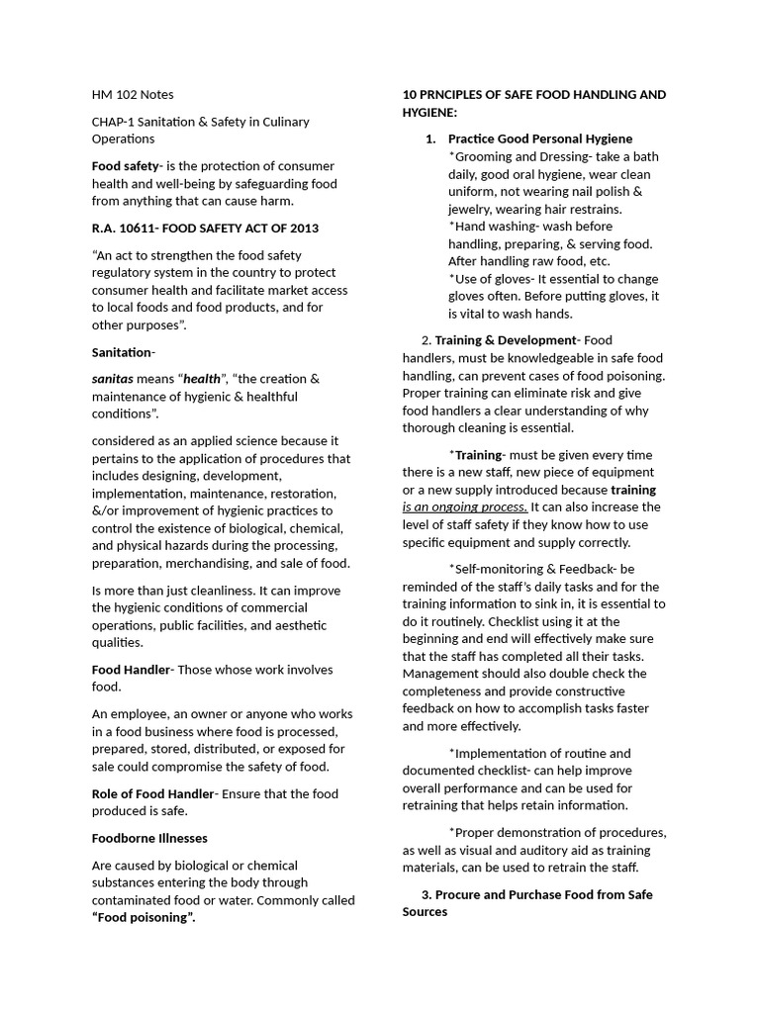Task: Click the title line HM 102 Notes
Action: click(x=133, y=95)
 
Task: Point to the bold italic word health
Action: click(x=202, y=379)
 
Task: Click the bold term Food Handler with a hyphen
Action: click(x=133, y=670)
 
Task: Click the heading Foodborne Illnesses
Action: click(x=149, y=838)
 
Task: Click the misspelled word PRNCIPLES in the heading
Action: click(x=460, y=95)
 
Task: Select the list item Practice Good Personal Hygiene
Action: click(x=539, y=138)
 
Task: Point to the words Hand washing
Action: click(x=496, y=227)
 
